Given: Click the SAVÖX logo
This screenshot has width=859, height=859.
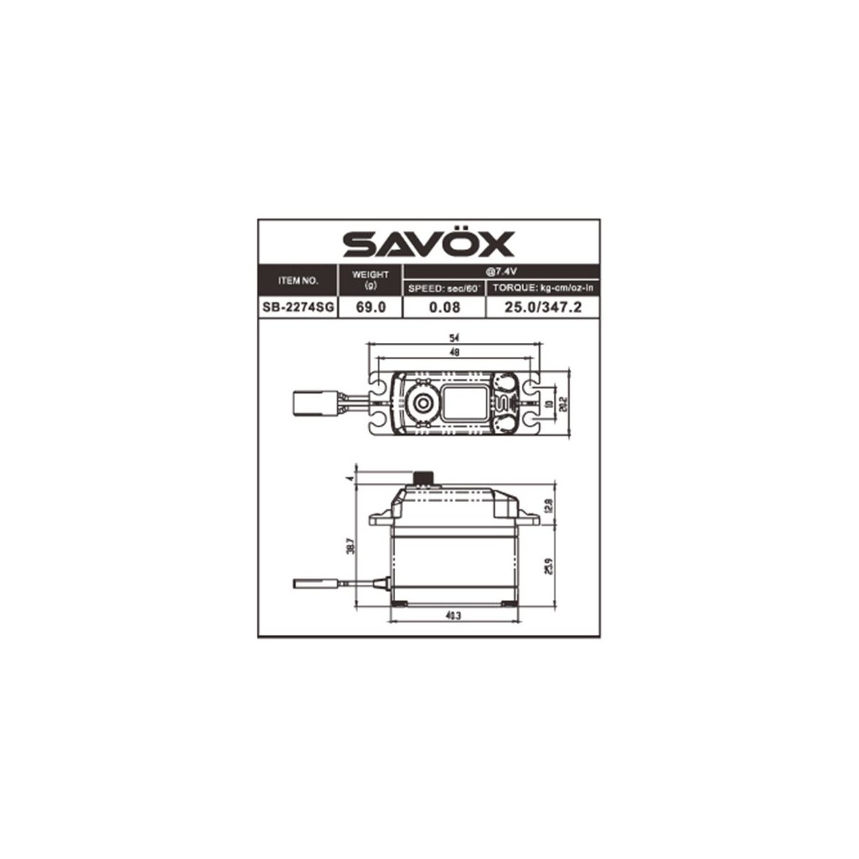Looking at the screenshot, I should click(x=429, y=243).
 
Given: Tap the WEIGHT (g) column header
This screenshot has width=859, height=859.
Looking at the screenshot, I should click(x=371, y=280).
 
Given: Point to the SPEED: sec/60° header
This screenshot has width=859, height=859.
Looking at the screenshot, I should click(x=445, y=288).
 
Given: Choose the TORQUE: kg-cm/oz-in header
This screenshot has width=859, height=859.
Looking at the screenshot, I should click(x=543, y=288).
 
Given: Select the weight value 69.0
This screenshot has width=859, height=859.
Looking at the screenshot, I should click(x=371, y=308).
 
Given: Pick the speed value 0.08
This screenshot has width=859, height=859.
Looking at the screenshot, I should click(x=445, y=308).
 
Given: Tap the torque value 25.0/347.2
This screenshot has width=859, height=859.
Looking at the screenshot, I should click(x=543, y=308).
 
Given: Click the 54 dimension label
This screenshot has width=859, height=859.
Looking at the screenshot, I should click(x=453, y=337).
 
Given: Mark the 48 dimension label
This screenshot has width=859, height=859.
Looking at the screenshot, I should click(x=453, y=352).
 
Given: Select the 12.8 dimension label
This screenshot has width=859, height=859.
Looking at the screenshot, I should click(x=549, y=506).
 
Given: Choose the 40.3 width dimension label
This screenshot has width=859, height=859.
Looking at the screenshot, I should click(x=453, y=615).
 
